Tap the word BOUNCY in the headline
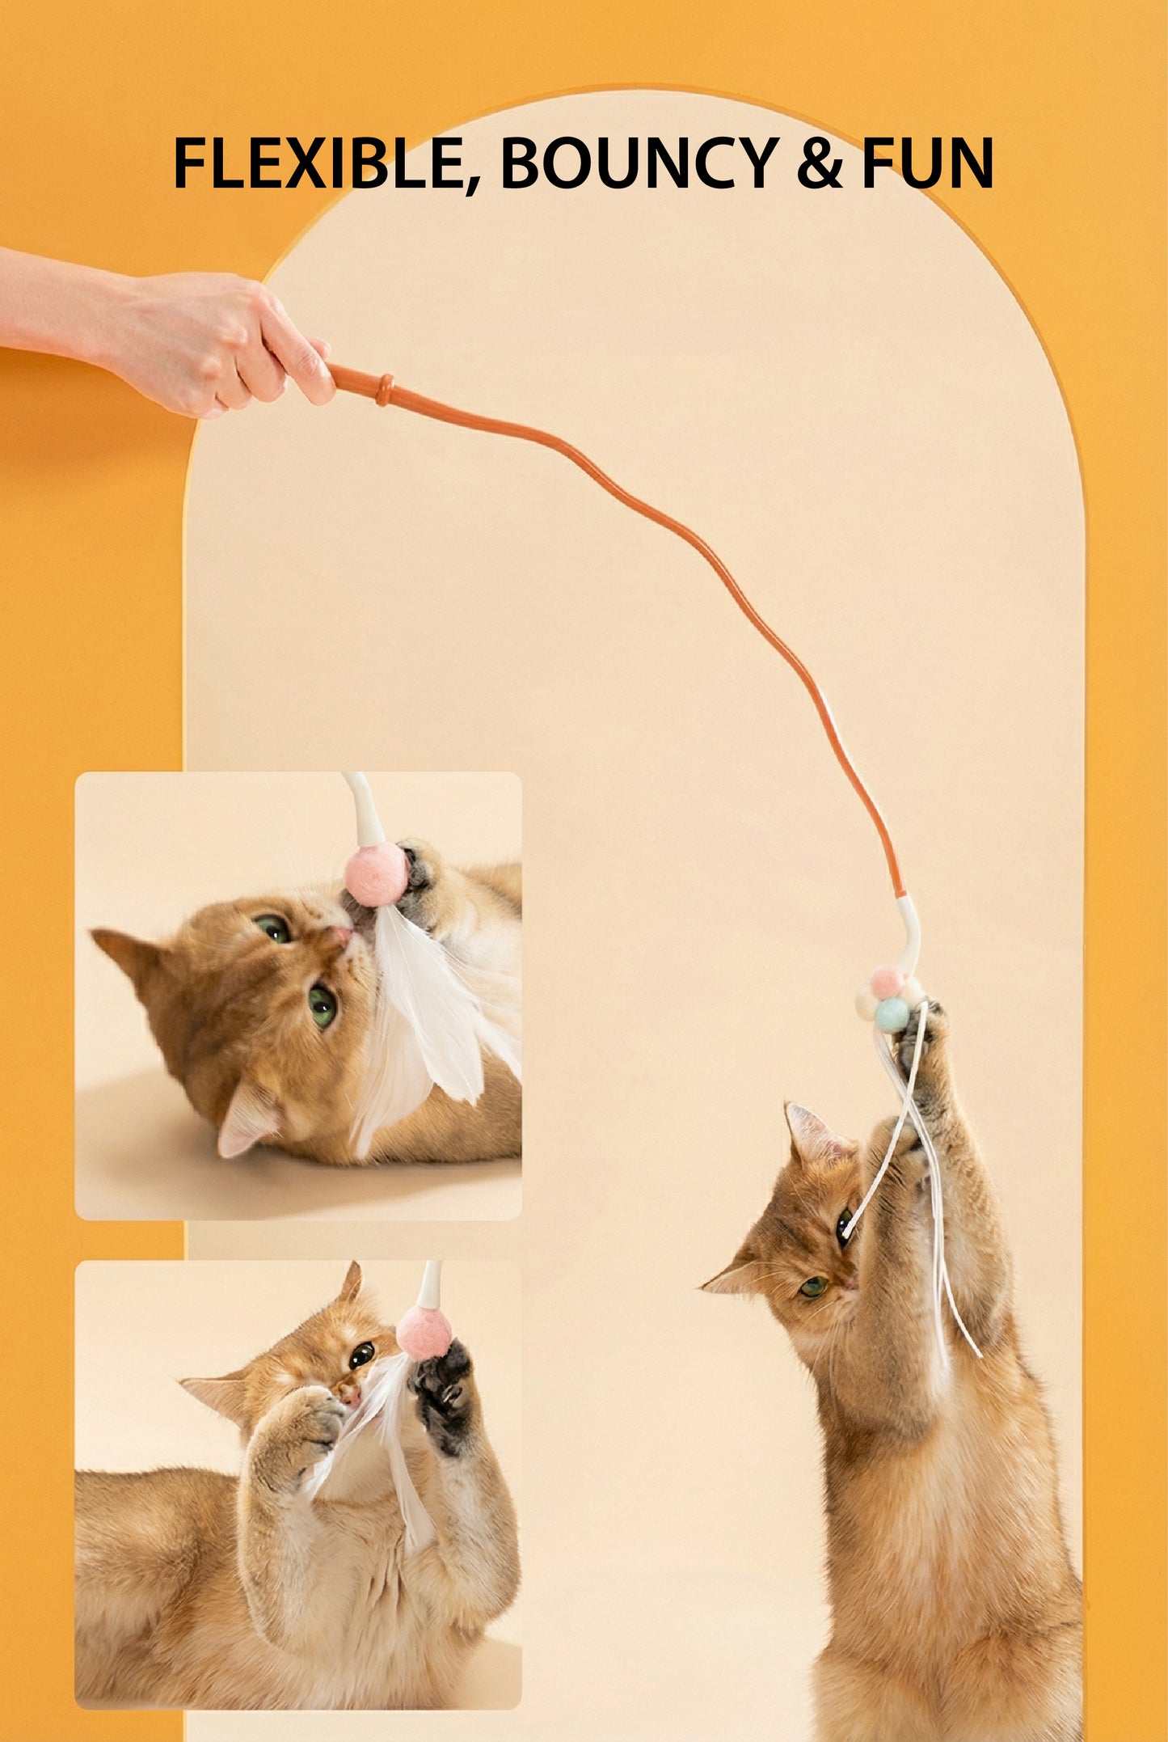[639, 164]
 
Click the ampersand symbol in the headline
[819, 164]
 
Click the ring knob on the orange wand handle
[385, 389]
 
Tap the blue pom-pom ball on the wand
[892, 1014]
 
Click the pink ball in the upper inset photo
[375, 873]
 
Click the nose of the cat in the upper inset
[344, 936]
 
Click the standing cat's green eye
[814, 1285]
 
